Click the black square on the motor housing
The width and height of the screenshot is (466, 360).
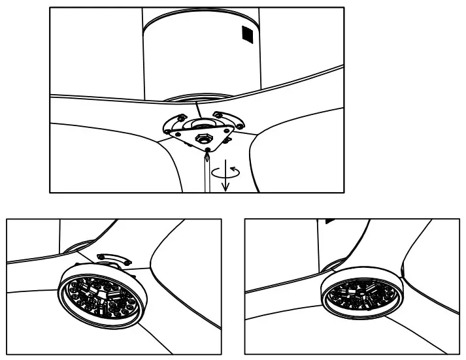[x=246, y=34]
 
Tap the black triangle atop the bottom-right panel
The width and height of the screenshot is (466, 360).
[x=330, y=221]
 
